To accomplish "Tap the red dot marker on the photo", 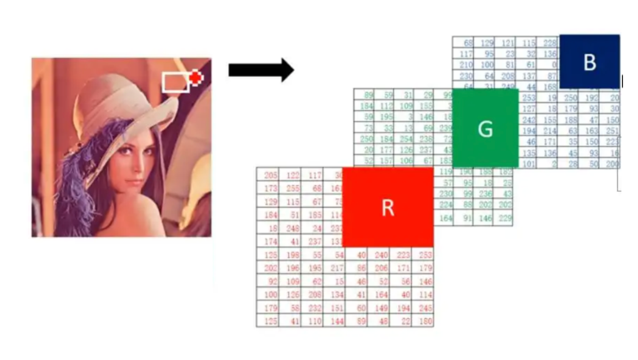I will click(196, 77).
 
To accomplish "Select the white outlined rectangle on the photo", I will click(176, 82).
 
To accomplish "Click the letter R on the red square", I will click(388, 208).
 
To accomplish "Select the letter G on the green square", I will click(485, 129).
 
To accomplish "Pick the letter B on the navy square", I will click(589, 62).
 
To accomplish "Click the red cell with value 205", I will click(271, 175).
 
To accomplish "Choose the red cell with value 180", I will click(426, 321).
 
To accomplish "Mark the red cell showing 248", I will click(293, 228).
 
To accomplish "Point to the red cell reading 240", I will click(381, 254).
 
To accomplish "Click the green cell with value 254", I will click(407, 139).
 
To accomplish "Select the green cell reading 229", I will click(505, 218).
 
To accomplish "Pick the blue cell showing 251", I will click(612, 130).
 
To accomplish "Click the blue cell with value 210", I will click(465, 65).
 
